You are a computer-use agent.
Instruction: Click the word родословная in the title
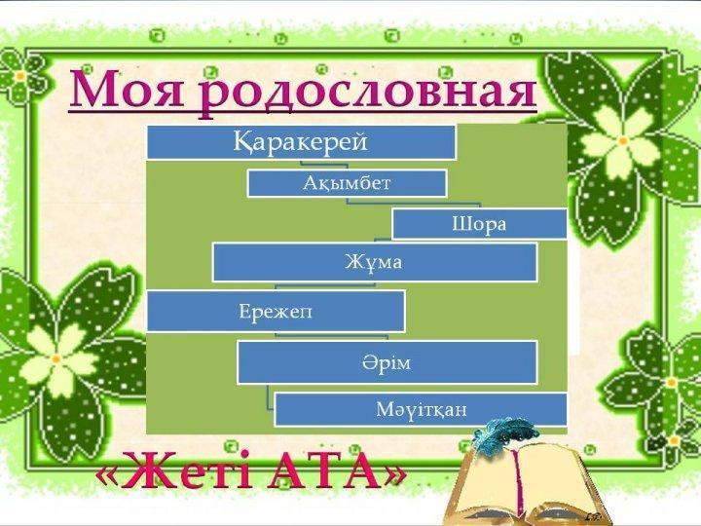click(367, 94)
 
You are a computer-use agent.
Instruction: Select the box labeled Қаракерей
click(301, 142)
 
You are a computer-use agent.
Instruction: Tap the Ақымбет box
click(347, 183)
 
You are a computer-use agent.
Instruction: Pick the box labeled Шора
click(479, 224)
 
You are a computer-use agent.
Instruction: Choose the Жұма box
click(375, 262)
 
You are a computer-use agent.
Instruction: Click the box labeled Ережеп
click(276, 312)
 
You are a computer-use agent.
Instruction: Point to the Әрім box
click(387, 362)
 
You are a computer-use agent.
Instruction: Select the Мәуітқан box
click(421, 409)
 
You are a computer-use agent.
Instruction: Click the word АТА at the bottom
click(323, 471)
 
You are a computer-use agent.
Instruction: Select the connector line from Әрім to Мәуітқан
click(269, 396)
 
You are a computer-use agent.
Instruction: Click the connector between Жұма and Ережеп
click(325, 284)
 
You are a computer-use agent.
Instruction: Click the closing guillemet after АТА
click(393, 476)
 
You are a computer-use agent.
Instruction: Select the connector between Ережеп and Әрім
click(331, 335)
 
